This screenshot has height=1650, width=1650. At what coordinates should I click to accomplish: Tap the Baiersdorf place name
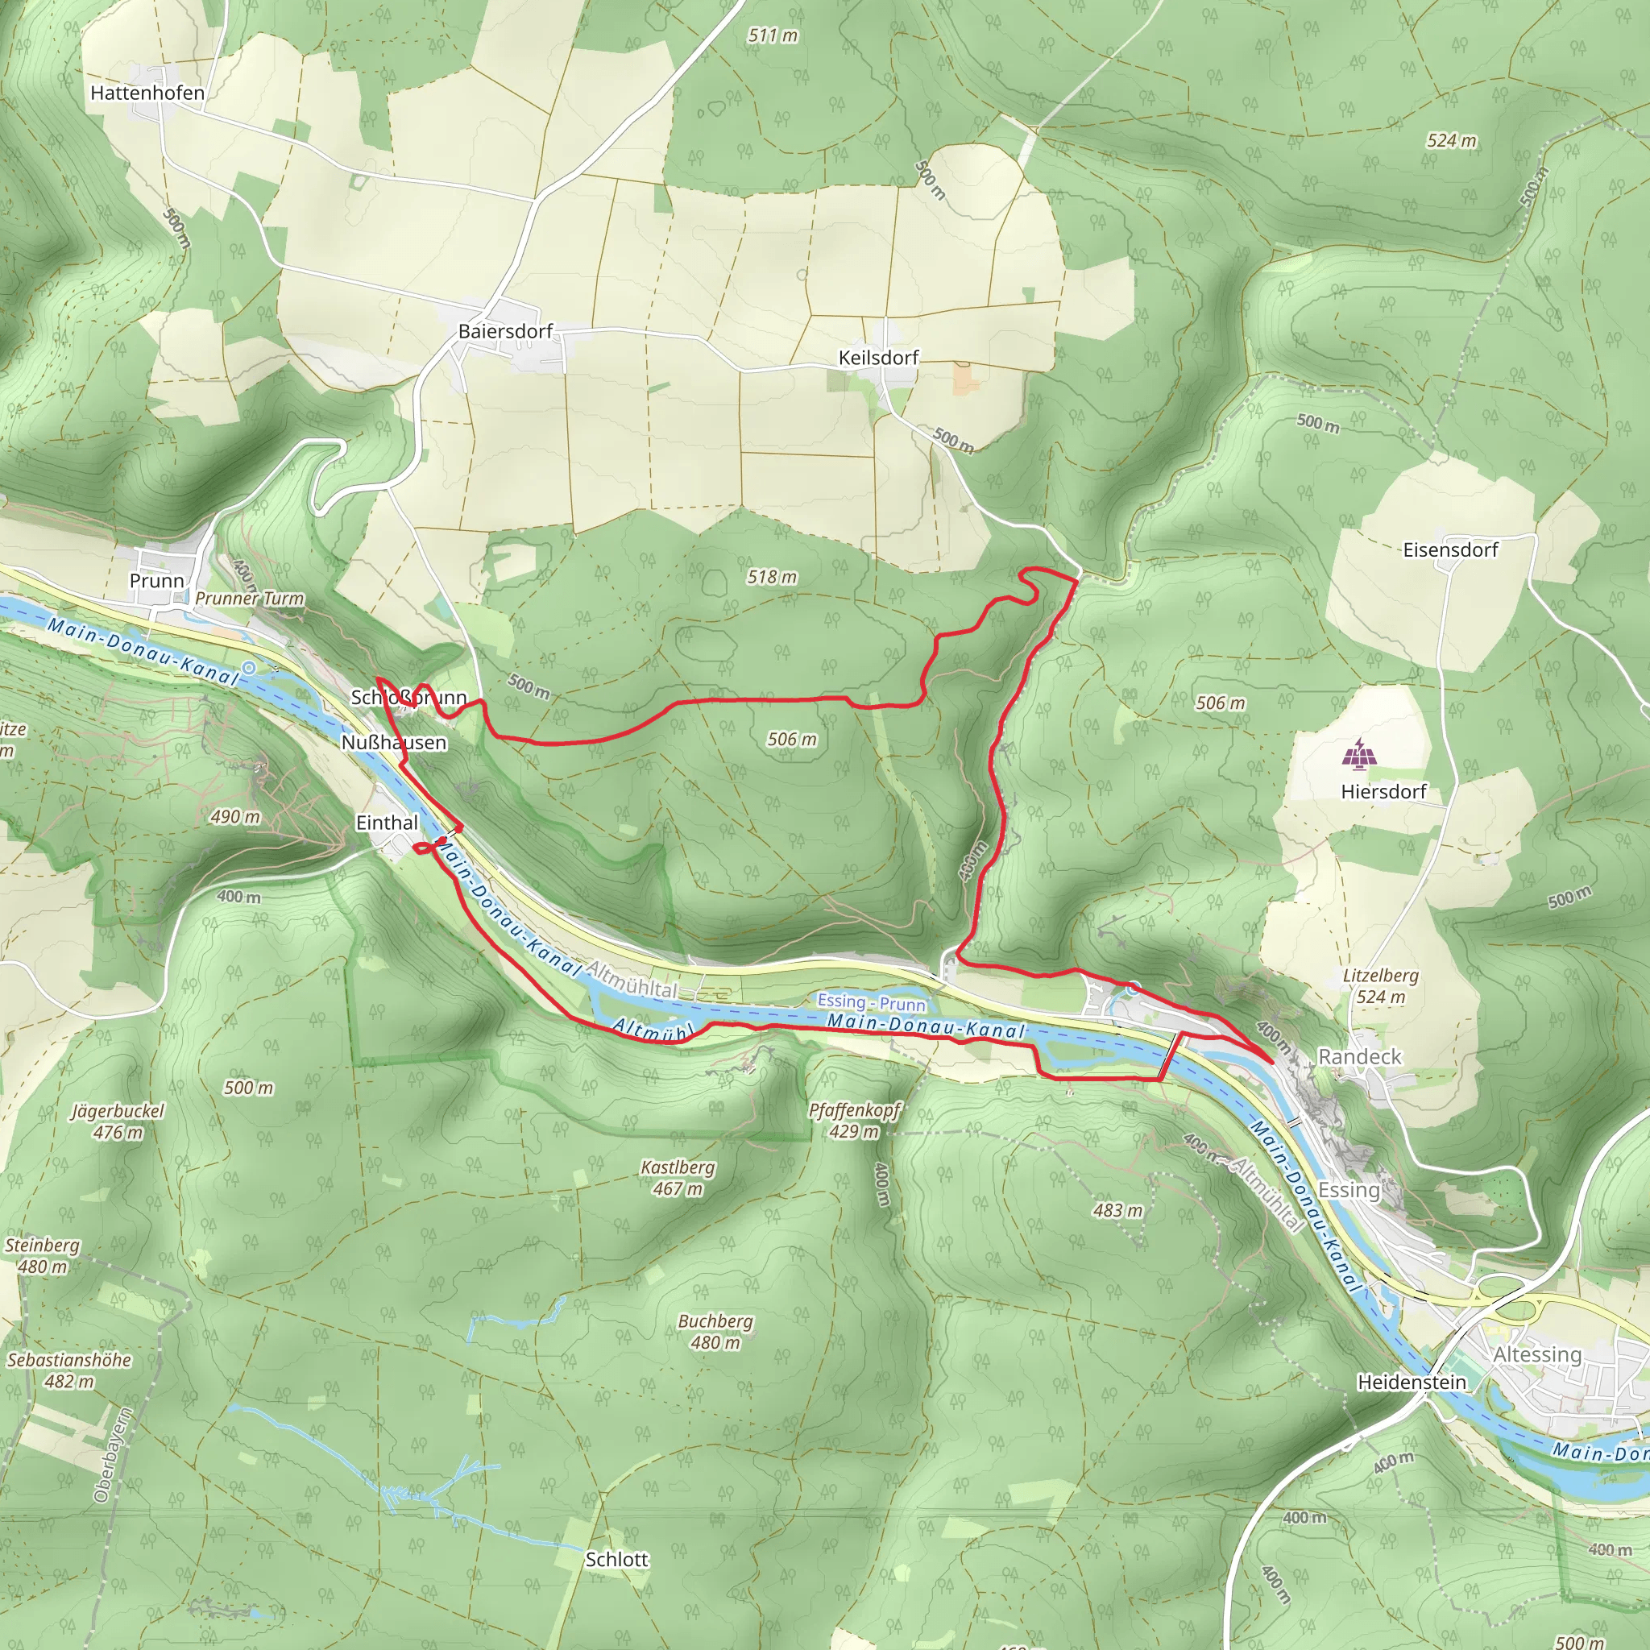(x=506, y=330)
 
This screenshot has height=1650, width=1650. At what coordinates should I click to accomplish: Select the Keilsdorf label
(x=878, y=357)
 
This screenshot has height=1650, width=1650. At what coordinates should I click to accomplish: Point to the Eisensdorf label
(x=1450, y=549)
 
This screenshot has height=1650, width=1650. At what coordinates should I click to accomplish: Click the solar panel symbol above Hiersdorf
(x=1359, y=754)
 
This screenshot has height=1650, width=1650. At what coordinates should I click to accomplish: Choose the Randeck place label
(x=1360, y=1056)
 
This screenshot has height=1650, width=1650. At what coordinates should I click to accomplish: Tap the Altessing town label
(x=1537, y=1354)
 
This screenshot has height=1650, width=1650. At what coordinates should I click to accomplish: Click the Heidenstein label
(x=1412, y=1381)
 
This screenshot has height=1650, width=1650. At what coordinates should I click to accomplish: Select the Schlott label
(x=616, y=1560)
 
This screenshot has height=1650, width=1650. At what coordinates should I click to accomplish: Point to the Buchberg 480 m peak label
(x=715, y=1332)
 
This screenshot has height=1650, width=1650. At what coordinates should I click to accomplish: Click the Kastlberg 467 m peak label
(x=678, y=1178)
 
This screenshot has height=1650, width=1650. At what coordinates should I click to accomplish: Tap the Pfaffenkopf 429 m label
(x=855, y=1121)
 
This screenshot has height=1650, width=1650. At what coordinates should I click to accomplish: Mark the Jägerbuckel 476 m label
(x=118, y=1121)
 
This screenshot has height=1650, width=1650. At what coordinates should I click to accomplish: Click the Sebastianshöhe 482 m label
(x=69, y=1370)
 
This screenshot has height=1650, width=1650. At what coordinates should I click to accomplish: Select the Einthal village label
(x=387, y=823)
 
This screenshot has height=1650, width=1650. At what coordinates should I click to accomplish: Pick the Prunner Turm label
(x=250, y=598)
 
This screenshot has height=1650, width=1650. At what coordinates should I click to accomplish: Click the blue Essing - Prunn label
(x=871, y=1001)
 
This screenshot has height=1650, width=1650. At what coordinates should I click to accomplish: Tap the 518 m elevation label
(x=772, y=577)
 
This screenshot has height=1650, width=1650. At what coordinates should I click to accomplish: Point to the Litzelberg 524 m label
(x=1380, y=985)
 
